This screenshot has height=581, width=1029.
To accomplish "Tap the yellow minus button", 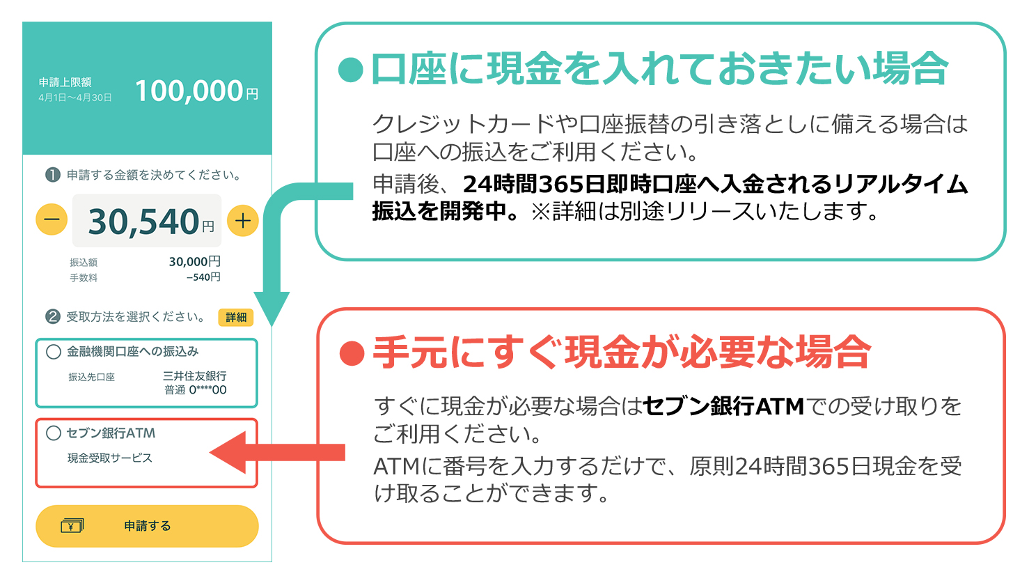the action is pyautogui.click(x=52, y=219).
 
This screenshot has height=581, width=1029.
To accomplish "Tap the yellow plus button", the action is pyautogui.click(x=242, y=221).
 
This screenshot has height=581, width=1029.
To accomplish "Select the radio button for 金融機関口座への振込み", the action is pyautogui.click(x=54, y=352).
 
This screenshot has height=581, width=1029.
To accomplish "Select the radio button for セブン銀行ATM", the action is pyautogui.click(x=54, y=433).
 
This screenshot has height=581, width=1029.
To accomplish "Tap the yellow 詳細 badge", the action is pyautogui.click(x=235, y=317).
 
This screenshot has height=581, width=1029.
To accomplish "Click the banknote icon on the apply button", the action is pyautogui.click(x=72, y=526).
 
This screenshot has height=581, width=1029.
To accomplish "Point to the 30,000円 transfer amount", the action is pyautogui.click(x=195, y=261).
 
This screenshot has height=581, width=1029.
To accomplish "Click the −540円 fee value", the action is pyautogui.click(x=203, y=277).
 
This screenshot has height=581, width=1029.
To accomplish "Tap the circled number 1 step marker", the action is pyautogui.click(x=53, y=175).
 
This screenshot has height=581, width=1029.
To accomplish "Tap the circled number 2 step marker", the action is pyautogui.click(x=53, y=317).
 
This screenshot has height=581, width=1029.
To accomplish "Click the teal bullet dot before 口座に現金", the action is pyautogui.click(x=351, y=70).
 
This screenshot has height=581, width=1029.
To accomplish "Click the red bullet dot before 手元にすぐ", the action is pyautogui.click(x=352, y=354).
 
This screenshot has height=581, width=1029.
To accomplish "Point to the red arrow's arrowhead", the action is pyautogui.click(x=228, y=452).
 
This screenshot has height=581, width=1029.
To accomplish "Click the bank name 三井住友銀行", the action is pyautogui.click(x=195, y=376).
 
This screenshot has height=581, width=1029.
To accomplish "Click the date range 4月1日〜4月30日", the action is pyautogui.click(x=75, y=98).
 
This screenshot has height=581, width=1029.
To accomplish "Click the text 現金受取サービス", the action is pyautogui.click(x=110, y=458).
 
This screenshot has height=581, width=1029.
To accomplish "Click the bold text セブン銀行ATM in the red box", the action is pyautogui.click(x=723, y=406).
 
